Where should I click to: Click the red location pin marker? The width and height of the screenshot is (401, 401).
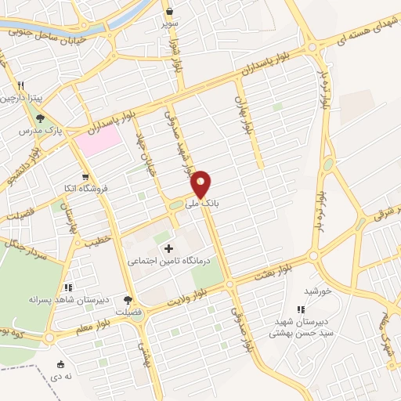[x=201, y=183]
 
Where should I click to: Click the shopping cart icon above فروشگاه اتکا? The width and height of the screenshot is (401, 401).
[x=85, y=176]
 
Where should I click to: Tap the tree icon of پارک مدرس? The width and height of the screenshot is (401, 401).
[x=41, y=118]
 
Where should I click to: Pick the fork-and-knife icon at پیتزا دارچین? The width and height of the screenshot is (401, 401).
[x=21, y=86]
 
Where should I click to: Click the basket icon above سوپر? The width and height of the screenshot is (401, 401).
[x=170, y=11]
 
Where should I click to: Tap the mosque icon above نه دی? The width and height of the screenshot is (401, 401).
[x=61, y=363]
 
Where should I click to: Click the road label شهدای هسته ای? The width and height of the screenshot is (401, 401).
[x=369, y=30]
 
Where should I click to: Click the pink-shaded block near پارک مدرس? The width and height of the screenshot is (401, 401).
[x=98, y=139]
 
